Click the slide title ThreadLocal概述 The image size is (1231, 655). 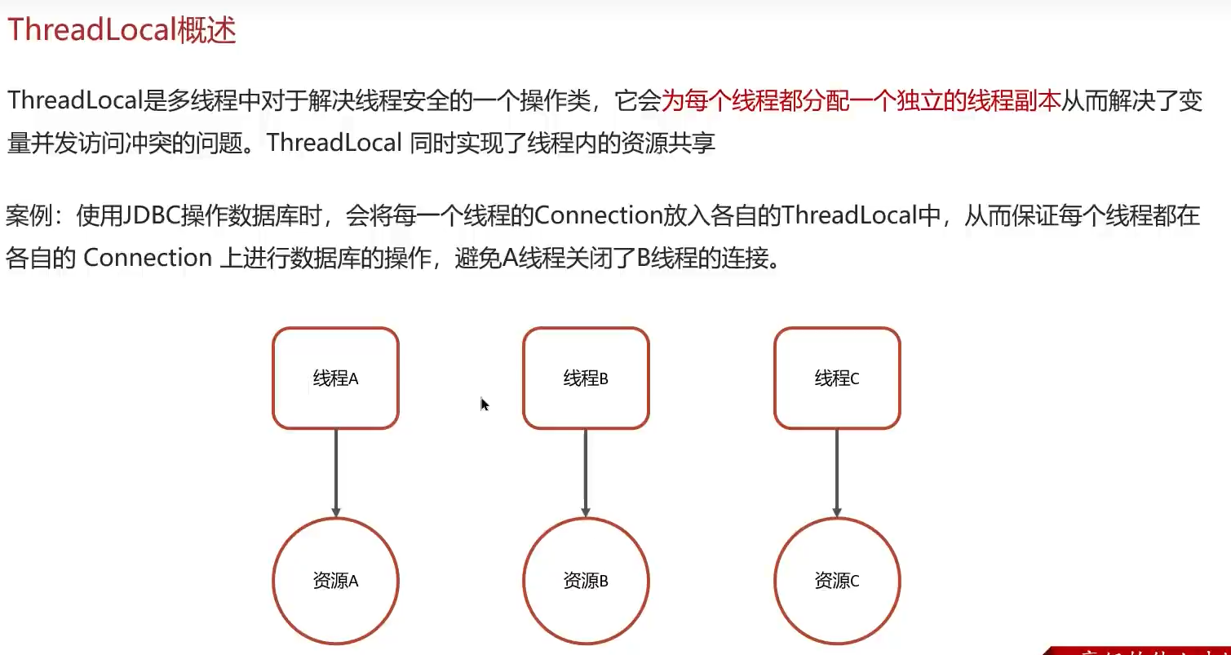coord(122,30)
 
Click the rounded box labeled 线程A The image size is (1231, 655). coord(335,378)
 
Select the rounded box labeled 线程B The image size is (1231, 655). coord(586,378)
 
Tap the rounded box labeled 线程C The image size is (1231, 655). coord(837,378)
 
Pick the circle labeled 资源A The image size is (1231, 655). coord(335,582)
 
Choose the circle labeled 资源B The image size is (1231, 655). coord(586,582)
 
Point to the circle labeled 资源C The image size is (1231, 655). coord(837,582)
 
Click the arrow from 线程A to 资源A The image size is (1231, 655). coord(335,473)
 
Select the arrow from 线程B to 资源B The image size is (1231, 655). coord(586,473)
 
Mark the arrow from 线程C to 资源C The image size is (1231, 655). coord(837,473)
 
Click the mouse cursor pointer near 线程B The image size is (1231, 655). coord(484,404)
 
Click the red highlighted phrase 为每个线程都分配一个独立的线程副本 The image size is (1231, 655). coord(861,101)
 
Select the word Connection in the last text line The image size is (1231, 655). coord(148,259)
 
